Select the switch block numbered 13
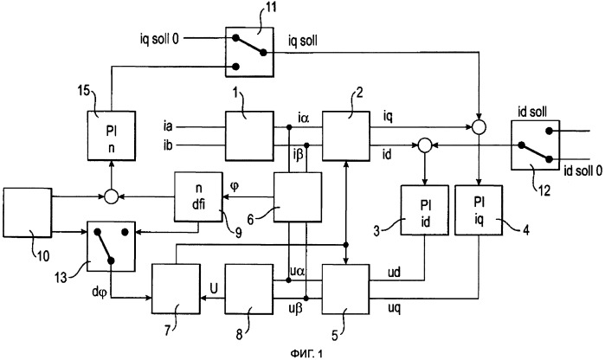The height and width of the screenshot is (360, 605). click(113, 247)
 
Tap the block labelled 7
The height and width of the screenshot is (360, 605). click(176, 290)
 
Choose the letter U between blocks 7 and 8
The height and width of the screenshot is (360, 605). click(212, 281)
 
